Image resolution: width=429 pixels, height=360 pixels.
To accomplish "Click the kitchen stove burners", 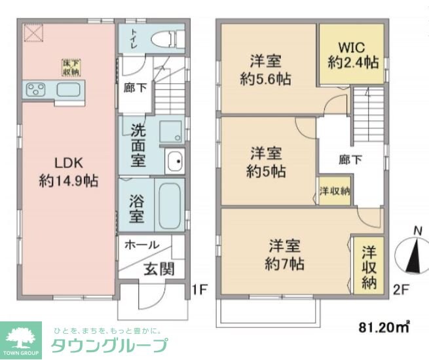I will (35, 89).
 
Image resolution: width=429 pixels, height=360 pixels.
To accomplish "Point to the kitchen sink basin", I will (67, 90).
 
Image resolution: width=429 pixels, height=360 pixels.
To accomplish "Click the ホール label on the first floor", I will (141, 245).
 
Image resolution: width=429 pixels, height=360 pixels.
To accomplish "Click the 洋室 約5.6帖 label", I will (266, 70).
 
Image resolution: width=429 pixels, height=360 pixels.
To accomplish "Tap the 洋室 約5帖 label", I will (266, 162).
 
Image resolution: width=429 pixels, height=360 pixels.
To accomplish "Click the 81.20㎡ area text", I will (384, 326).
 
